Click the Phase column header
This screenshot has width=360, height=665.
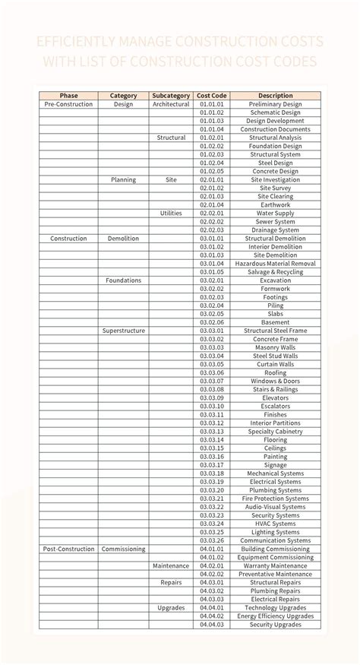pos(68,96)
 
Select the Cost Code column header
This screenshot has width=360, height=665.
pos(212,96)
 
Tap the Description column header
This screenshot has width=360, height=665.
pos(275,96)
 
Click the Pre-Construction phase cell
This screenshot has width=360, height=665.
pos(68,104)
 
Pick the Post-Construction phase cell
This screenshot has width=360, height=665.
pos(68,549)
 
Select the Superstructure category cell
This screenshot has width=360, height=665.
pos(123,331)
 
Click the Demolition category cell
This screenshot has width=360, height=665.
pos(123,239)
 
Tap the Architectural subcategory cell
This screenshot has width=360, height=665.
pos(171,104)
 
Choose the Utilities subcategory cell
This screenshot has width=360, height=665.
pos(171,214)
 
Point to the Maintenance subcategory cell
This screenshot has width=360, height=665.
pos(171,565)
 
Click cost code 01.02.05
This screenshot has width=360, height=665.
pos(212,172)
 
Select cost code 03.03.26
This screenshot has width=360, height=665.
pos(212,540)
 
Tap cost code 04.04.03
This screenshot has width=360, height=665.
pos(212,625)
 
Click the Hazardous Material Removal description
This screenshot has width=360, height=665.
pos(275,264)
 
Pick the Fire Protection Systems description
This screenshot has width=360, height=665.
pos(275,499)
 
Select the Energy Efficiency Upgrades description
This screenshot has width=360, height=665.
pos(275,616)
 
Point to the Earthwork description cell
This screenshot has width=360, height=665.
pos(275,205)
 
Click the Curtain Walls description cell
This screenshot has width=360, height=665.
pos(275,364)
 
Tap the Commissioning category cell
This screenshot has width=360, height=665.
pos(123,549)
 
